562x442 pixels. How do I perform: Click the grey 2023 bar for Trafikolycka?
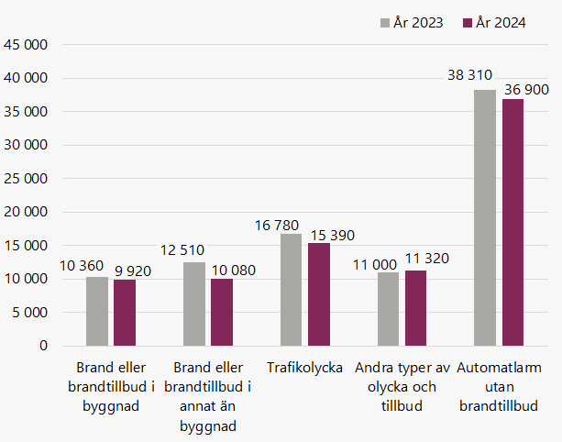tap(291, 290)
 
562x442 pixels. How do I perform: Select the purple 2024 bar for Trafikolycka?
tap(318, 294)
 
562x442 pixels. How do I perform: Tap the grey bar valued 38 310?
tap(485, 217)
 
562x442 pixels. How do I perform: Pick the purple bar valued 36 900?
tap(512, 222)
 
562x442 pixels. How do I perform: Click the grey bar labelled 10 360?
tap(97, 311)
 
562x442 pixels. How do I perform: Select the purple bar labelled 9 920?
tap(125, 313)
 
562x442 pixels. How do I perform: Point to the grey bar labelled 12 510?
tap(194, 304)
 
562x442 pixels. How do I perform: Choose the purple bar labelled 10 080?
tap(222, 312)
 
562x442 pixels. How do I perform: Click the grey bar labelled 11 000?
tap(388, 309)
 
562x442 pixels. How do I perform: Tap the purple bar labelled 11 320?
tap(415, 308)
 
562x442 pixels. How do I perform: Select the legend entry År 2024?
tap(494, 23)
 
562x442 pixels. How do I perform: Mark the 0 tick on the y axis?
tap(42, 346)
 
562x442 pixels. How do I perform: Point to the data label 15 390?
tap(331, 235)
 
